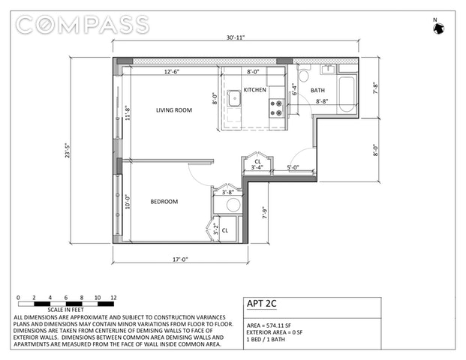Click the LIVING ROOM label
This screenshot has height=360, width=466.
pyautogui.click(x=174, y=110)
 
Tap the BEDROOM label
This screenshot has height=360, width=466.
pyautogui.click(x=164, y=202)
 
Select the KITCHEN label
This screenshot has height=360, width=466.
pyautogui.click(x=254, y=90)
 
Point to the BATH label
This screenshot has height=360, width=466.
pyautogui.click(x=317, y=90)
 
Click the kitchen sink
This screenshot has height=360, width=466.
pyautogui.click(x=234, y=98)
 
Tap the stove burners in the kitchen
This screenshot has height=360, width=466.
pyautogui.click(x=276, y=108)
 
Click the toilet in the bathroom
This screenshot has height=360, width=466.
pyautogui.click(x=303, y=74)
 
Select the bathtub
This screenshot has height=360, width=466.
pyautogui.click(x=347, y=94)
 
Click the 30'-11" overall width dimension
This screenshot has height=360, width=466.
pyautogui.click(x=236, y=37)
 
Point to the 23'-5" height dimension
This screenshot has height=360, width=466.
pyautogui.click(x=68, y=150)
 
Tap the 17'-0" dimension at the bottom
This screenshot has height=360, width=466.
pyautogui.click(x=180, y=259)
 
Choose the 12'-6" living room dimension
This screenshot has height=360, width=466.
pyautogui.click(x=172, y=72)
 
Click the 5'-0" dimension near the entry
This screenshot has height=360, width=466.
pyautogui.click(x=293, y=167)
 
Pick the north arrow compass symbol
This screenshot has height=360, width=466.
pyautogui.click(x=438, y=28)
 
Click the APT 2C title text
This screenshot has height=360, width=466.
pyautogui.click(x=262, y=304)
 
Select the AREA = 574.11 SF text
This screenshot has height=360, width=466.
pyautogui.click(x=269, y=325)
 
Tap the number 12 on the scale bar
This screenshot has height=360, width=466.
pyautogui.click(x=113, y=298)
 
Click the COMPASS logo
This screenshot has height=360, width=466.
pyautogui.click(x=82, y=24)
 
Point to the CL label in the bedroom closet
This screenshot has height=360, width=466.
pyautogui.click(x=225, y=230)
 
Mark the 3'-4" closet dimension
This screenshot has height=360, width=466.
pyautogui.click(x=257, y=167)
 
